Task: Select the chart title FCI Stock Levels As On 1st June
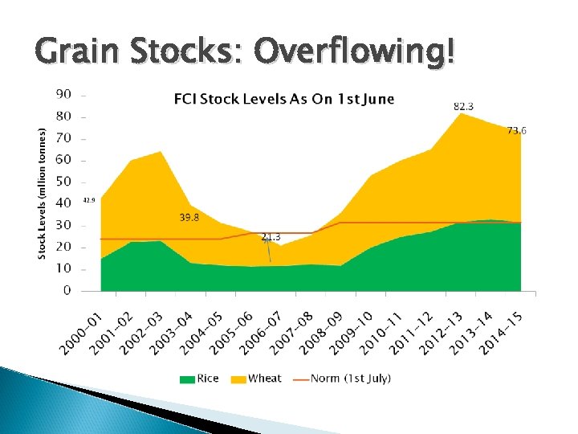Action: click(x=284, y=100)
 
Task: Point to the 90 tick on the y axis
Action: click(x=63, y=94)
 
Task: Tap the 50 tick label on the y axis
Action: click(x=63, y=182)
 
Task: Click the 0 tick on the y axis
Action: click(x=67, y=290)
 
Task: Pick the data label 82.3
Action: click(x=463, y=106)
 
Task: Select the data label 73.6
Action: click(x=517, y=130)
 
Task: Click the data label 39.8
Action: click(x=189, y=217)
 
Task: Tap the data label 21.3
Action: click(x=271, y=236)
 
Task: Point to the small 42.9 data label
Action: click(x=89, y=199)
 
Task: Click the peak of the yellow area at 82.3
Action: click(x=460, y=114)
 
